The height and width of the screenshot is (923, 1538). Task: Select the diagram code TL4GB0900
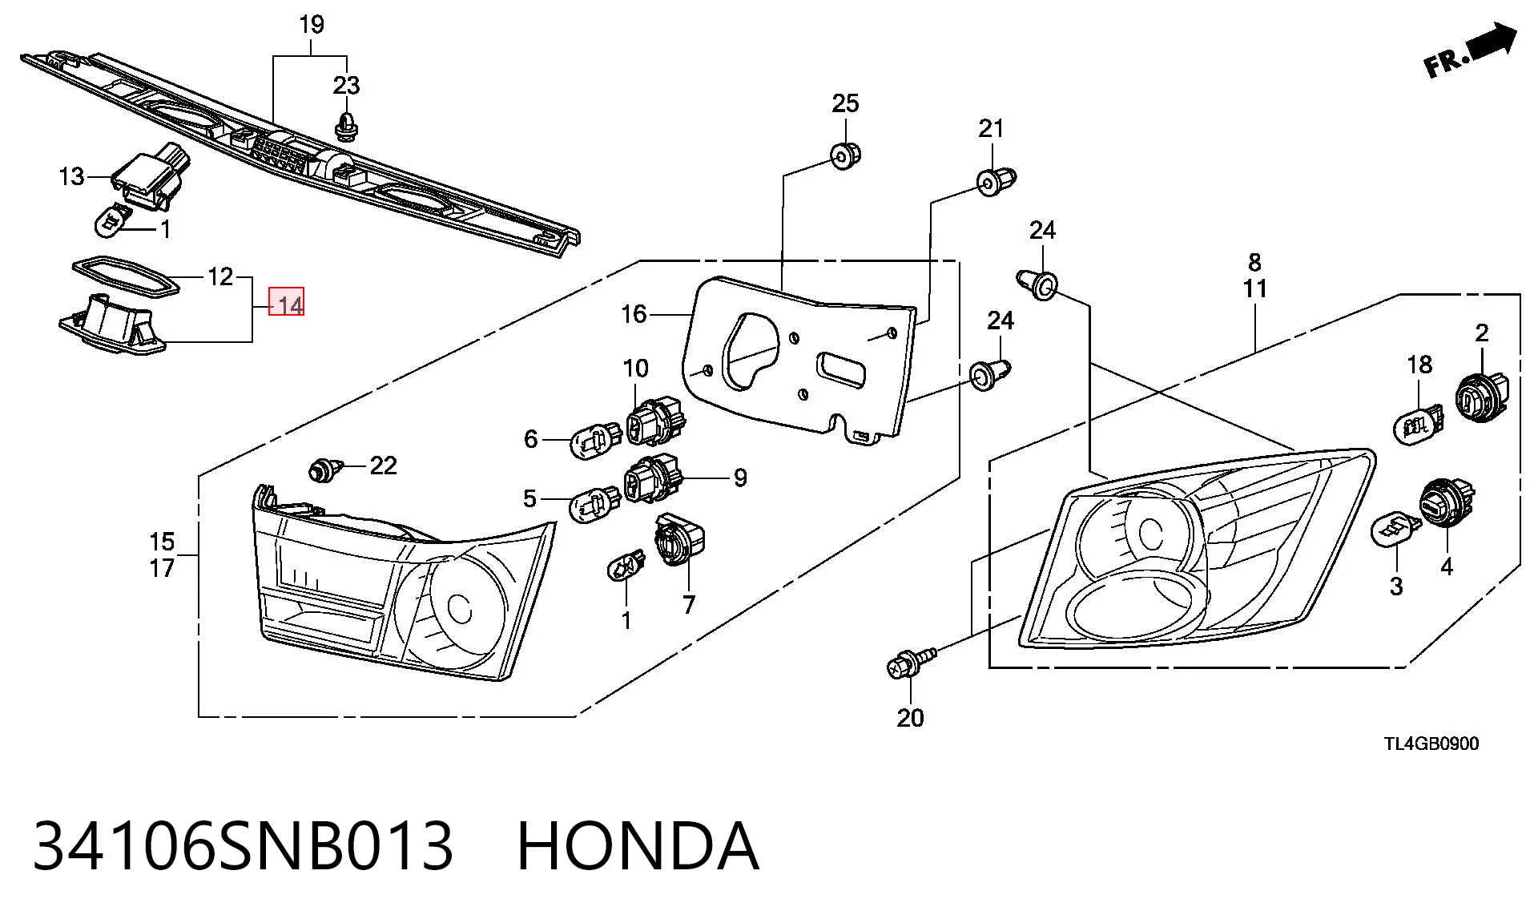(x=1431, y=744)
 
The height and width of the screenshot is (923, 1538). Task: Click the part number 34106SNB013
(x=243, y=845)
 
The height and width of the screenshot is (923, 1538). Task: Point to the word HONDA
(x=638, y=845)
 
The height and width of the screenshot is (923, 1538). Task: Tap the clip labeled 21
(x=996, y=181)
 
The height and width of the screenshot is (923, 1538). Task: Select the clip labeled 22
(x=325, y=469)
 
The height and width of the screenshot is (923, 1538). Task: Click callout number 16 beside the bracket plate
(x=634, y=314)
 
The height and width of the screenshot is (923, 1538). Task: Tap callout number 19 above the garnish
(x=312, y=25)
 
